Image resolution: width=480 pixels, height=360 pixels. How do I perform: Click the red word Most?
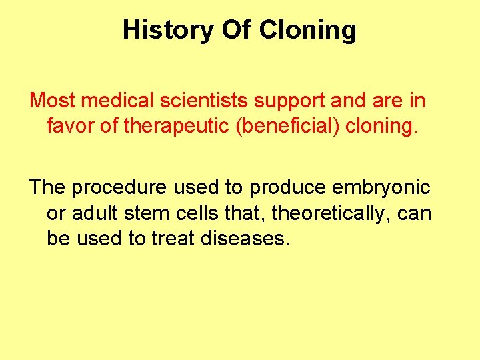point(53,101)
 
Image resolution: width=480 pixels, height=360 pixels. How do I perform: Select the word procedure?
point(119,189)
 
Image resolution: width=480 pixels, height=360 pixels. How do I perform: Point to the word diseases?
point(247,238)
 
